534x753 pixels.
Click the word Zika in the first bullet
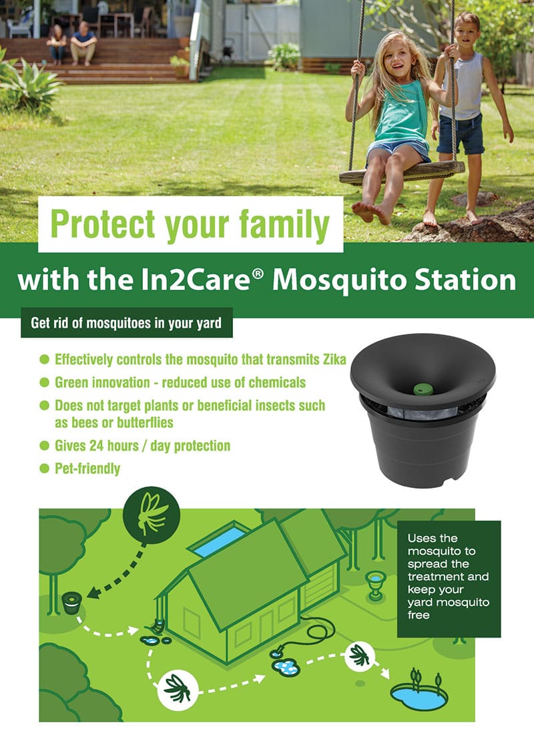click(x=332, y=360)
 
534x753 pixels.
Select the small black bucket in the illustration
click(x=71, y=603)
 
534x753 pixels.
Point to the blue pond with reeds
click(x=419, y=695)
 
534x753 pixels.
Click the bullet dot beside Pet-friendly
click(x=45, y=468)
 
